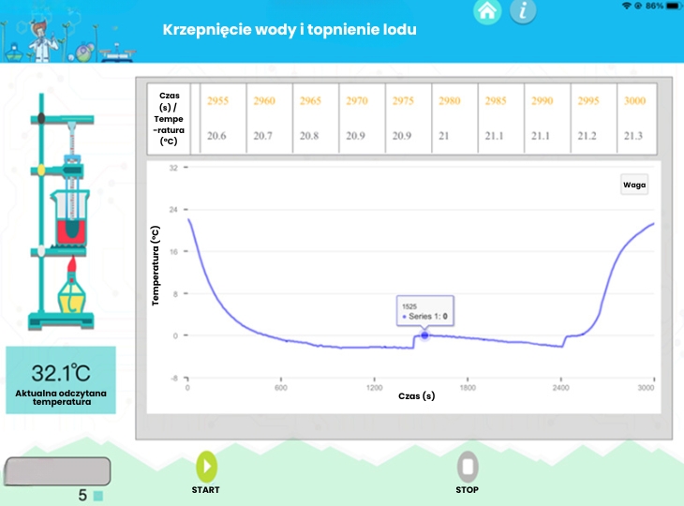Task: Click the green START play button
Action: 206,466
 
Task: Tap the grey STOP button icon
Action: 468,466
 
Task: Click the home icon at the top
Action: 485,11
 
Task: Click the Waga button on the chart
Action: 634,185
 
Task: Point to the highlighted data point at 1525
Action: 424,335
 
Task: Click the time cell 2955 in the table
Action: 217,101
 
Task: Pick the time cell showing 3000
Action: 634,101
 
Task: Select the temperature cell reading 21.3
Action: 634,136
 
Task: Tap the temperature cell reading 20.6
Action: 217,136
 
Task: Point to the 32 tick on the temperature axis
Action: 172,169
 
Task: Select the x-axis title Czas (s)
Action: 417,396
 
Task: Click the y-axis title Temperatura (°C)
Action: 157,264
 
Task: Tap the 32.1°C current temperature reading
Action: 60,371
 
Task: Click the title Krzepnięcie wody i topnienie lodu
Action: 290,29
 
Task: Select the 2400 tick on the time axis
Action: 559,387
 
